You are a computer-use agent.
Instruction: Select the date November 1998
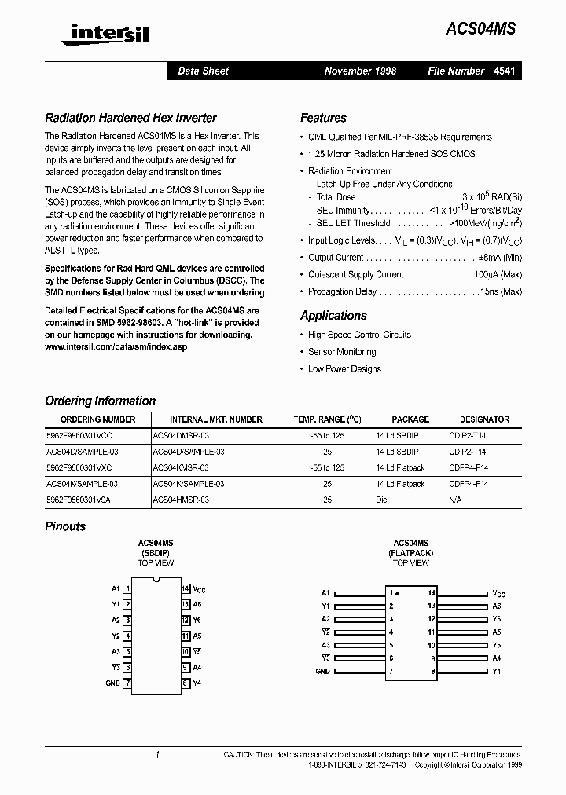[x=360, y=71]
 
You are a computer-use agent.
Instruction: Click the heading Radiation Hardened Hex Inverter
[x=130, y=118]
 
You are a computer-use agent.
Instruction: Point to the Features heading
[x=323, y=118]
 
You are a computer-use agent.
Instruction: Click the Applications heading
[x=333, y=316]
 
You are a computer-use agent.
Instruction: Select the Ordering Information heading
[x=101, y=401]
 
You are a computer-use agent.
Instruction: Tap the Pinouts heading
[x=65, y=526]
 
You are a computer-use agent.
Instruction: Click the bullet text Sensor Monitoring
[x=342, y=352]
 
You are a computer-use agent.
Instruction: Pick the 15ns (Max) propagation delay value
[x=501, y=291]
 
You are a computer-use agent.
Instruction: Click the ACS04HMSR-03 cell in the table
[x=181, y=500]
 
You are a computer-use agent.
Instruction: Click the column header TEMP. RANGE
[x=327, y=419]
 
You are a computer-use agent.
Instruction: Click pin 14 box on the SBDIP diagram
[x=186, y=588]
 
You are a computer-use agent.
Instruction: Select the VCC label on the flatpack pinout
[x=499, y=594]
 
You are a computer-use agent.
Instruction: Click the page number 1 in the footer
[x=157, y=755]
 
